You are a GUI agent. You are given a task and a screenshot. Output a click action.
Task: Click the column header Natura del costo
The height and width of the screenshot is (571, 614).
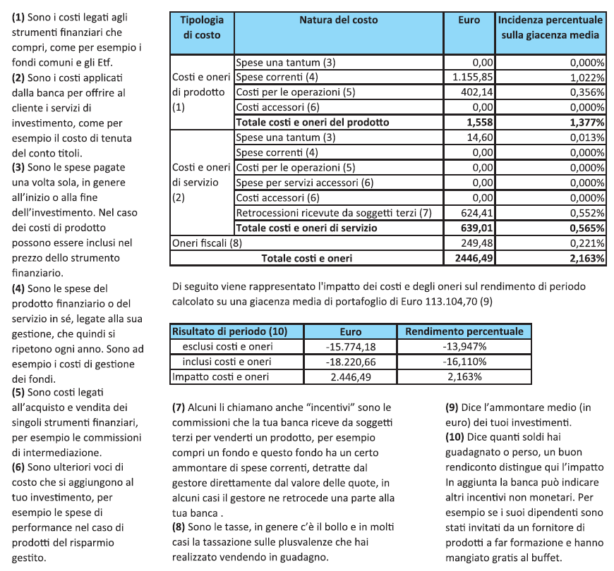coord(338,20)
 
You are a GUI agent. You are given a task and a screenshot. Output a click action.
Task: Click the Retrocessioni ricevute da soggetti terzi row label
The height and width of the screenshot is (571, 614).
coord(333,213)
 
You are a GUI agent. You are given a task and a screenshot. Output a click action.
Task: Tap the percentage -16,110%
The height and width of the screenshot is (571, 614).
coord(464,362)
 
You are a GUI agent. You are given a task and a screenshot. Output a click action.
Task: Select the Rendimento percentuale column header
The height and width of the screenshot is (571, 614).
coord(464,331)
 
